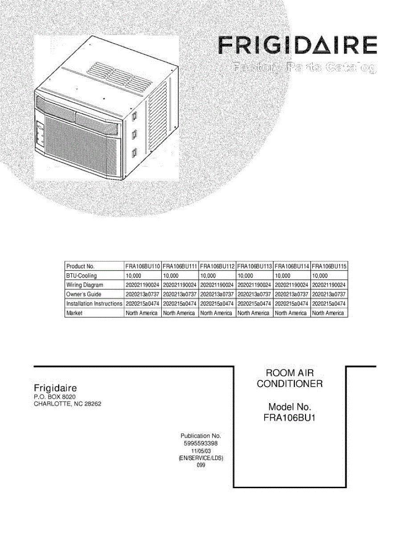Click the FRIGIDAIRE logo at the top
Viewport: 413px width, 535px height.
298,45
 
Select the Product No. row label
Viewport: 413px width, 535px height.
80,266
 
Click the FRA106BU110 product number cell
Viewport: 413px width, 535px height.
143,266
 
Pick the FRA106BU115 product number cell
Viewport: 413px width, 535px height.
329,266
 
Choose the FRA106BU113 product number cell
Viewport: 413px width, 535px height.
254,266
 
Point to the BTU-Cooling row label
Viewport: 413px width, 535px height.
82,276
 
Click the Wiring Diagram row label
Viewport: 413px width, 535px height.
85,285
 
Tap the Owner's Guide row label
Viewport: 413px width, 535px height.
84,294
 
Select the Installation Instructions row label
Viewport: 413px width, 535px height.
94,304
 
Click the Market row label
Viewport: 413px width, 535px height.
74,313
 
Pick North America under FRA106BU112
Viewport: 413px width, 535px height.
216,313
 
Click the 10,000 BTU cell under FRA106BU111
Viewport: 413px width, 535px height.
171,276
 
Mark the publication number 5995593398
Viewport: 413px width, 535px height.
200,444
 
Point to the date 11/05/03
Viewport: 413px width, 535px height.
200,451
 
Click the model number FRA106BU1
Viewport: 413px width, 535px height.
289,418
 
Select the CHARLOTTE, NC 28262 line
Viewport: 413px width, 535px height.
70,404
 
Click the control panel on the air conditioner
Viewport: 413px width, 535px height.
39,134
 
